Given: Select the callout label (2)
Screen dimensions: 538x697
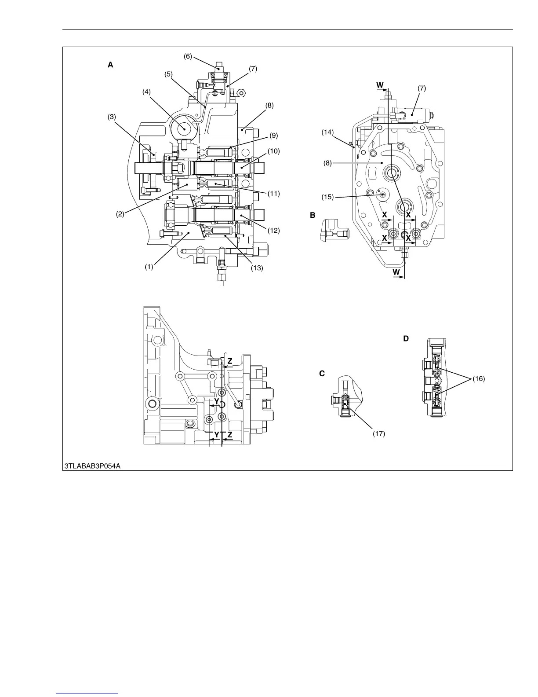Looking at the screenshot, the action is (x=120, y=214).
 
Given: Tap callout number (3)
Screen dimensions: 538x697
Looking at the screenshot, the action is (x=113, y=117).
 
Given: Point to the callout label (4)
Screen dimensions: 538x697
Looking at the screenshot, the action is (x=147, y=92).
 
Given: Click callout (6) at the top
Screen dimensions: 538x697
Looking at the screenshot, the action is (x=188, y=57).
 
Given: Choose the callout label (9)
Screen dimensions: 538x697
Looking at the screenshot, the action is (x=274, y=136).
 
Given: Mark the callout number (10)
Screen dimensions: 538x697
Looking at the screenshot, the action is (x=274, y=151).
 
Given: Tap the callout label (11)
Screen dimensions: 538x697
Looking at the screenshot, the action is (x=273, y=193).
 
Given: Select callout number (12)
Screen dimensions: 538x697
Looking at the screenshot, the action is (x=273, y=230).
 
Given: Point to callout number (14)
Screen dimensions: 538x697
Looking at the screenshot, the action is (x=328, y=132).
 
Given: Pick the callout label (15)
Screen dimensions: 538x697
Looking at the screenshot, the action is (x=328, y=197).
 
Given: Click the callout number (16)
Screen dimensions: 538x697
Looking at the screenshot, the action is (x=479, y=378).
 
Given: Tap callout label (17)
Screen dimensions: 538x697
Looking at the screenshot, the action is (x=379, y=433).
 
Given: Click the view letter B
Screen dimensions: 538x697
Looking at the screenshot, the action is (x=313, y=215).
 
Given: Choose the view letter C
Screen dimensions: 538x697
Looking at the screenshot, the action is (x=322, y=373).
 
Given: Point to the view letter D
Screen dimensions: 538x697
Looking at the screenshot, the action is (x=406, y=338).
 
